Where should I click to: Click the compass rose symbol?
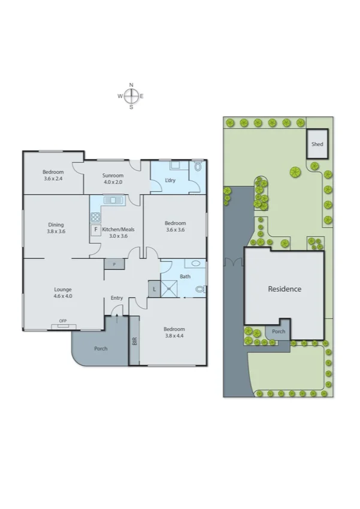coord(131,96)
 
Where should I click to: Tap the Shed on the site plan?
coord(317,144)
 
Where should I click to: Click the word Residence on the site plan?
coord(285,288)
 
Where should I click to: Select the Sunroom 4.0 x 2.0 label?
coord(113,179)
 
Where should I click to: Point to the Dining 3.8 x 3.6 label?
coord(56,228)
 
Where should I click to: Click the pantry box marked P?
coord(114,264)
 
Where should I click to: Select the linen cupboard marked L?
coord(155,289)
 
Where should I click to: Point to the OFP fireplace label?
coord(63,320)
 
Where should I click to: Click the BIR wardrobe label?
coord(134,342)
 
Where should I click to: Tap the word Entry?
coord(116,298)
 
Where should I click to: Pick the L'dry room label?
coord(170,180)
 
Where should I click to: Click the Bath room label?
coord(184,276)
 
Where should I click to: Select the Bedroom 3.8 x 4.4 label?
coord(174,333)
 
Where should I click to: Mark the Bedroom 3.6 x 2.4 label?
coord(53,175)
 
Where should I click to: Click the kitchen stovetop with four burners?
coord(95,217)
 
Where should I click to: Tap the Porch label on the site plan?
coord(279,331)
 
